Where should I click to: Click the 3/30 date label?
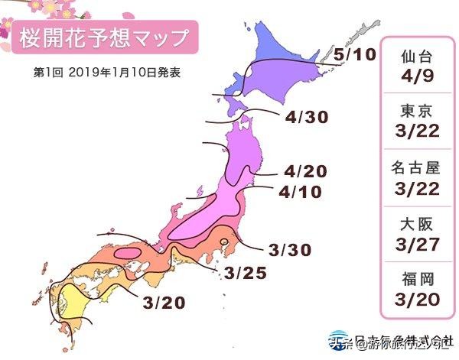(288, 249)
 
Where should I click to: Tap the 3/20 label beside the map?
(164, 303)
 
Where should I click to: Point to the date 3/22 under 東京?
(418, 133)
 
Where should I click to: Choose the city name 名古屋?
(418, 168)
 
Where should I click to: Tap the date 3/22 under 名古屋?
(418, 188)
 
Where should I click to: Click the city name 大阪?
(418, 224)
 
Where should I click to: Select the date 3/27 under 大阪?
(418, 244)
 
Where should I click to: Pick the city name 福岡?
(418, 278)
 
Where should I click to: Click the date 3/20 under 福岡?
(418, 299)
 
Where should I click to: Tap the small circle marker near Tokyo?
(223, 243)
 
